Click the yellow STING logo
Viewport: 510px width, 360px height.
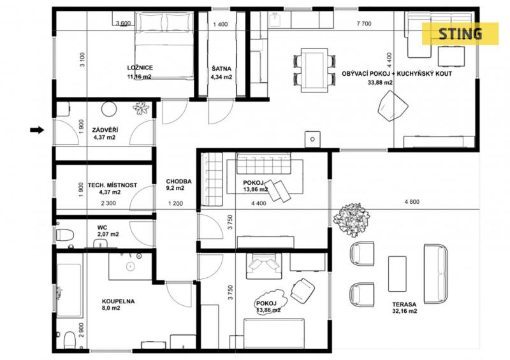(460, 34)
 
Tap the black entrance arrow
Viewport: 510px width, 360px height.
(37, 130)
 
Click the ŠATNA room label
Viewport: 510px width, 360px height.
(221, 69)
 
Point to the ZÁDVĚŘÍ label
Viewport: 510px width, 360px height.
(105, 130)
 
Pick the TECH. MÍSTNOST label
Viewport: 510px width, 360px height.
(113, 185)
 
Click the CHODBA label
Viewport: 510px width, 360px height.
(178, 181)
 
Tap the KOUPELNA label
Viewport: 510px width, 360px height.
(118, 301)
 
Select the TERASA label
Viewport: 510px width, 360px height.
(404, 305)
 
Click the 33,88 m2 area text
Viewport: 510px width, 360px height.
(380, 83)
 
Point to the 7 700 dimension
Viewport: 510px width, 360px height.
(364, 24)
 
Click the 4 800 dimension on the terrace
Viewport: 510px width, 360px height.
(412, 201)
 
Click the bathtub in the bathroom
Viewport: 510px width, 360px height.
(69, 290)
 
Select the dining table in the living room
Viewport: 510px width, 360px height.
(314, 70)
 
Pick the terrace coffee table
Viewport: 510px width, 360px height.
(397, 274)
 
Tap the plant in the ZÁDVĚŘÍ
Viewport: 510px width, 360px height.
(141, 108)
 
